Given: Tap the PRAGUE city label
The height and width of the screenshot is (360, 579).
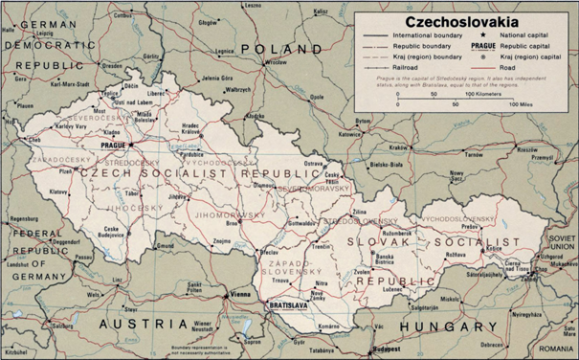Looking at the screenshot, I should click(113, 145).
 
